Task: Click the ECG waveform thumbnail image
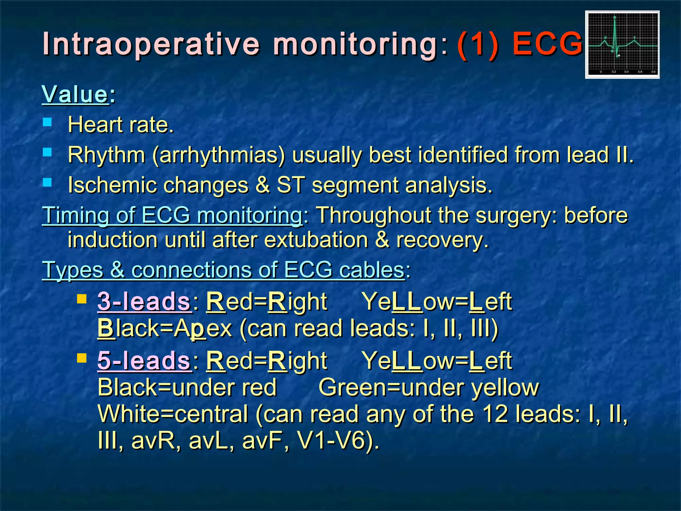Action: click(x=622, y=45)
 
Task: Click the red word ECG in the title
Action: click(x=547, y=44)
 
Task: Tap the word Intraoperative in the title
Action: click(x=151, y=44)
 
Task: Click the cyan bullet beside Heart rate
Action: click(x=48, y=123)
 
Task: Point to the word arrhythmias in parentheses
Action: click(x=218, y=155)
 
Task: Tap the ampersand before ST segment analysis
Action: click(x=262, y=185)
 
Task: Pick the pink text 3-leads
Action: click(x=144, y=302)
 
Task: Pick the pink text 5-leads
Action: click(x=144, y=361)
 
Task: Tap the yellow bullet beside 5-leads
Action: click(x=81, y=358)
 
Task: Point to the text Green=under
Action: click(x=393, y=388)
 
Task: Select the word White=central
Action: click(x=173, y=414)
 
